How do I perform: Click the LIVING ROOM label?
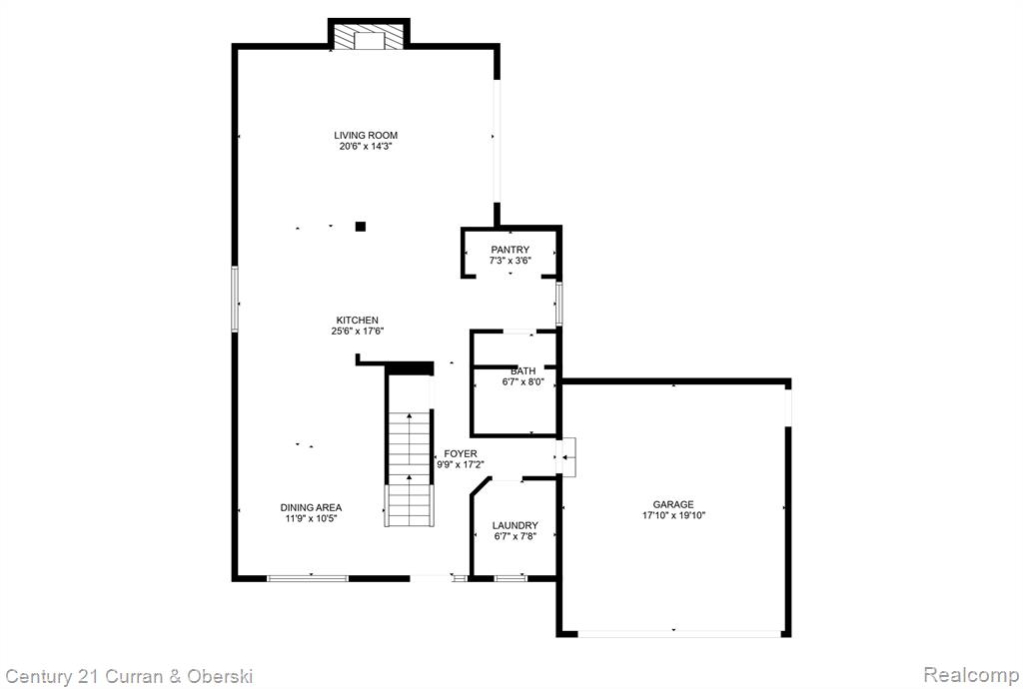(366, 135)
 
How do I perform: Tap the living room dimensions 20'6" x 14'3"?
(366, 147)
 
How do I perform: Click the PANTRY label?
(511, 249)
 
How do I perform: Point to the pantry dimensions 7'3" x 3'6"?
(511, 261)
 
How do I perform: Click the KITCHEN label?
(357, 321)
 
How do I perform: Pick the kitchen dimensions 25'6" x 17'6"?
(357, 332)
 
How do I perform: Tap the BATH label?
(523, 370)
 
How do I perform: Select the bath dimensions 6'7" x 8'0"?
(523, 382)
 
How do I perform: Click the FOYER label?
(461, 453)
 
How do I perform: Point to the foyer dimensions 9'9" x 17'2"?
(461, 464)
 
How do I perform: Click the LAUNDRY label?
(515, 525)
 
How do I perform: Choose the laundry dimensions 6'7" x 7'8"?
(515, 537)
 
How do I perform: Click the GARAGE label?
(673, 504)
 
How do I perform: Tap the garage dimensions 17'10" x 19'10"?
(673, 515)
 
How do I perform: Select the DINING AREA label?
(312, 507)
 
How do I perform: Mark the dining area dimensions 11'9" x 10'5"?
(312, 519)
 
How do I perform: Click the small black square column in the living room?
(360, 227)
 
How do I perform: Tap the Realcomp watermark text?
(971, 674)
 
